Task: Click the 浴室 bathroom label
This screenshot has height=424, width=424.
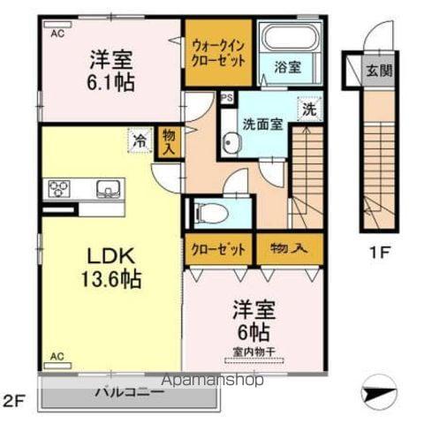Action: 287,67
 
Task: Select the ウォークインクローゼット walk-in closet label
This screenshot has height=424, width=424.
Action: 218,54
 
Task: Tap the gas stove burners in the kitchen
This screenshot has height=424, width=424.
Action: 59,187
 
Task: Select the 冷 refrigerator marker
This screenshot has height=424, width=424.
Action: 139,138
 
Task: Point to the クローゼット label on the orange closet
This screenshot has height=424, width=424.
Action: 218,249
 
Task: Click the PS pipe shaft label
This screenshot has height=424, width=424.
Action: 226,98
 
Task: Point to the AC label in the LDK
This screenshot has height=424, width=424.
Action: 57,356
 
